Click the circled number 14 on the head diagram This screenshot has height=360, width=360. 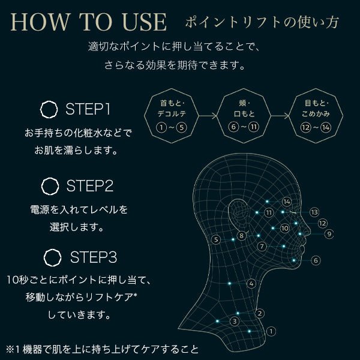pos(287,202)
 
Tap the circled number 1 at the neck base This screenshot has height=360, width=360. pos(271,331)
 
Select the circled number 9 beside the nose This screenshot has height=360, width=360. pos(329,234)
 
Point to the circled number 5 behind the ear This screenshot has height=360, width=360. pos(216,239)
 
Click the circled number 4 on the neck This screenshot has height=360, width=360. pos(251,284)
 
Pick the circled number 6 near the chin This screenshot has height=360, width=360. pos(316,260)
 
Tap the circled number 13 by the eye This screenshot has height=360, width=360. pos(314,212)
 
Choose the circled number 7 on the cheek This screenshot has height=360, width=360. pos(262,247)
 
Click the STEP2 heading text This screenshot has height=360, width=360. pos(90,186)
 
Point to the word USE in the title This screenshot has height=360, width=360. pos(145,22)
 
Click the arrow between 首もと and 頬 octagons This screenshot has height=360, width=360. pos(208,116)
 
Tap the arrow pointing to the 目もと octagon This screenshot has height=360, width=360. pos(280,116)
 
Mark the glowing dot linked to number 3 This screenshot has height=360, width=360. pos(217,321)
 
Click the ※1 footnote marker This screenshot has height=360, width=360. pos(13,349)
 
